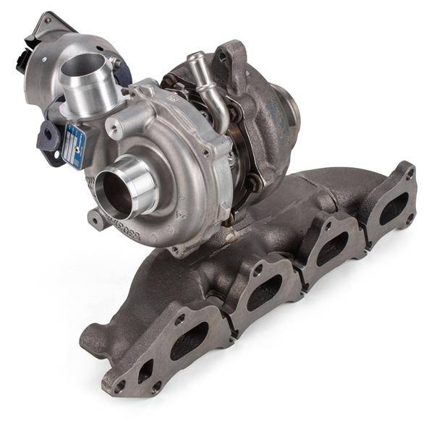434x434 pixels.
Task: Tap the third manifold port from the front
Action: tap(331, 244)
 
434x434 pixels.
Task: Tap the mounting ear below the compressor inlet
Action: tap(96, 217)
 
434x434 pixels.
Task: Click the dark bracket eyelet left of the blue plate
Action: tap(48, 135)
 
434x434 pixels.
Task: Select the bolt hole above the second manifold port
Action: tap(258, 270)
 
